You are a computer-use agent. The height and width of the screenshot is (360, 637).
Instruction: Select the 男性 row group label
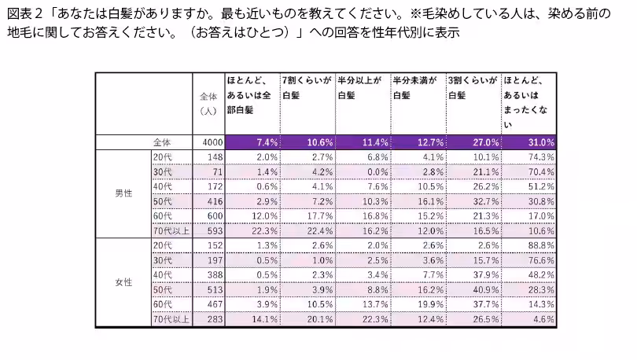[x=123, y=193]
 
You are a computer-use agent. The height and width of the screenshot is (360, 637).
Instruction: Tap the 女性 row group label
[x=123, y=281]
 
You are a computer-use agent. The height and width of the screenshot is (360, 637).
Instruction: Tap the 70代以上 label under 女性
[x=171, y=319]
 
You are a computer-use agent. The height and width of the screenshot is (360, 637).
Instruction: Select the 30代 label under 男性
[x=163, y=171]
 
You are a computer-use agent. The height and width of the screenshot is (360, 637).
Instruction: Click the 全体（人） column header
[x=208, y=103]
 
